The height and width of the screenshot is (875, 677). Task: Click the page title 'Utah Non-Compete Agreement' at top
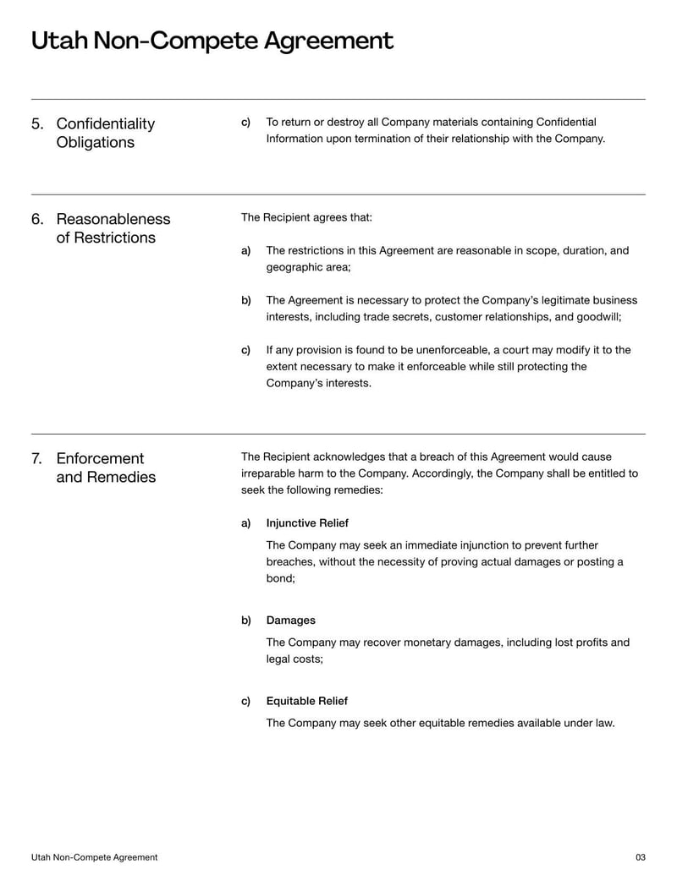[x=212, y=41]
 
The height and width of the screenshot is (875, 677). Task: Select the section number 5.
[x=37, y=124]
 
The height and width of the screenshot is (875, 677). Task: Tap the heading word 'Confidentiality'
[x=106, y=124]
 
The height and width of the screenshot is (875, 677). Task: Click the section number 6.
[x=37, y=219]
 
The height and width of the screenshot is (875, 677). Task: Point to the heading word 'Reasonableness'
[x=113, y=219]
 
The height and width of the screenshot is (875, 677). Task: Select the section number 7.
[x=37, y=458]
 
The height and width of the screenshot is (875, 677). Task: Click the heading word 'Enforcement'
[x=100, y=458]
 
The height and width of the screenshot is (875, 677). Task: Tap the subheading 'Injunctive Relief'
[x=307, y=523]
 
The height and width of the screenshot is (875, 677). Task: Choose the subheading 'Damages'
[x=290, y=621]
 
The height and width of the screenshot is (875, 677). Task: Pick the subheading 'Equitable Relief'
[x=306, y=701]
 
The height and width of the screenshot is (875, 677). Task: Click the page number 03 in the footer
[x=640, y=857]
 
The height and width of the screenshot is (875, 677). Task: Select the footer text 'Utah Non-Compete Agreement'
[x=94, y=857]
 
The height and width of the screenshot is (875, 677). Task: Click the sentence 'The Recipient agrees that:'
[x=306, y=217]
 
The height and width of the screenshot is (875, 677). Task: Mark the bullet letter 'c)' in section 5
[x=246, y=123]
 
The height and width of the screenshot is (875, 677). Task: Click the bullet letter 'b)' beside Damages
[x=246, y=621]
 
